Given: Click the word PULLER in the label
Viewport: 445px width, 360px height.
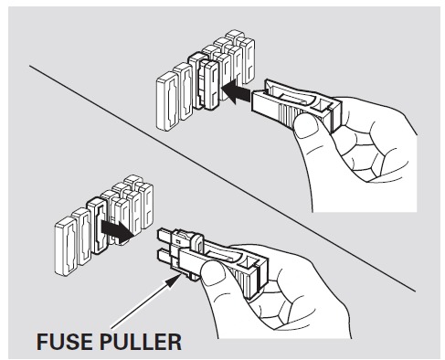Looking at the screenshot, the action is click(x=141, y=342).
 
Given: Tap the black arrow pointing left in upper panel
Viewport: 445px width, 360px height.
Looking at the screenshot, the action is click(x=237, y=91).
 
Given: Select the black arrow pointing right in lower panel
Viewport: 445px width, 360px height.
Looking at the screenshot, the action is click(x=117, y=231).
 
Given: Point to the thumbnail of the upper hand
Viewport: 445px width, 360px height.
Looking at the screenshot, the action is click(x=306, y=126).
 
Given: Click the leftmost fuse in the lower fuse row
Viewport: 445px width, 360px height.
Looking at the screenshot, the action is click(x=65, y=246).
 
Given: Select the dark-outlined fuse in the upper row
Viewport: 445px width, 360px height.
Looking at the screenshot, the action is click(x=204, y=80).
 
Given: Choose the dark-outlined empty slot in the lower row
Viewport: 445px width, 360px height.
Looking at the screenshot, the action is click(x=97, y=226).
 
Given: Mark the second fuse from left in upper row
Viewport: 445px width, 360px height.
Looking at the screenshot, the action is click(x=183, y=91).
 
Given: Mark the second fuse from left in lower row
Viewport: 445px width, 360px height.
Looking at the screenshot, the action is click(x=81, y=237).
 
